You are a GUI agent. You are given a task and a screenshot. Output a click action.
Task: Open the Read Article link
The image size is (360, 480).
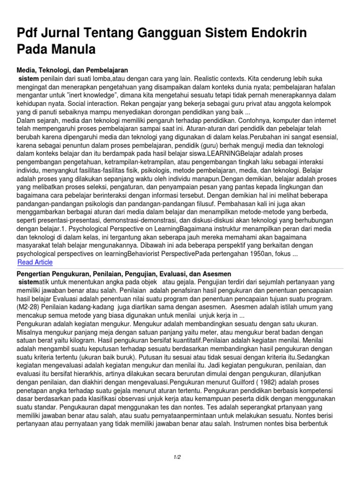pyautogui.click(x=35, y=262)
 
